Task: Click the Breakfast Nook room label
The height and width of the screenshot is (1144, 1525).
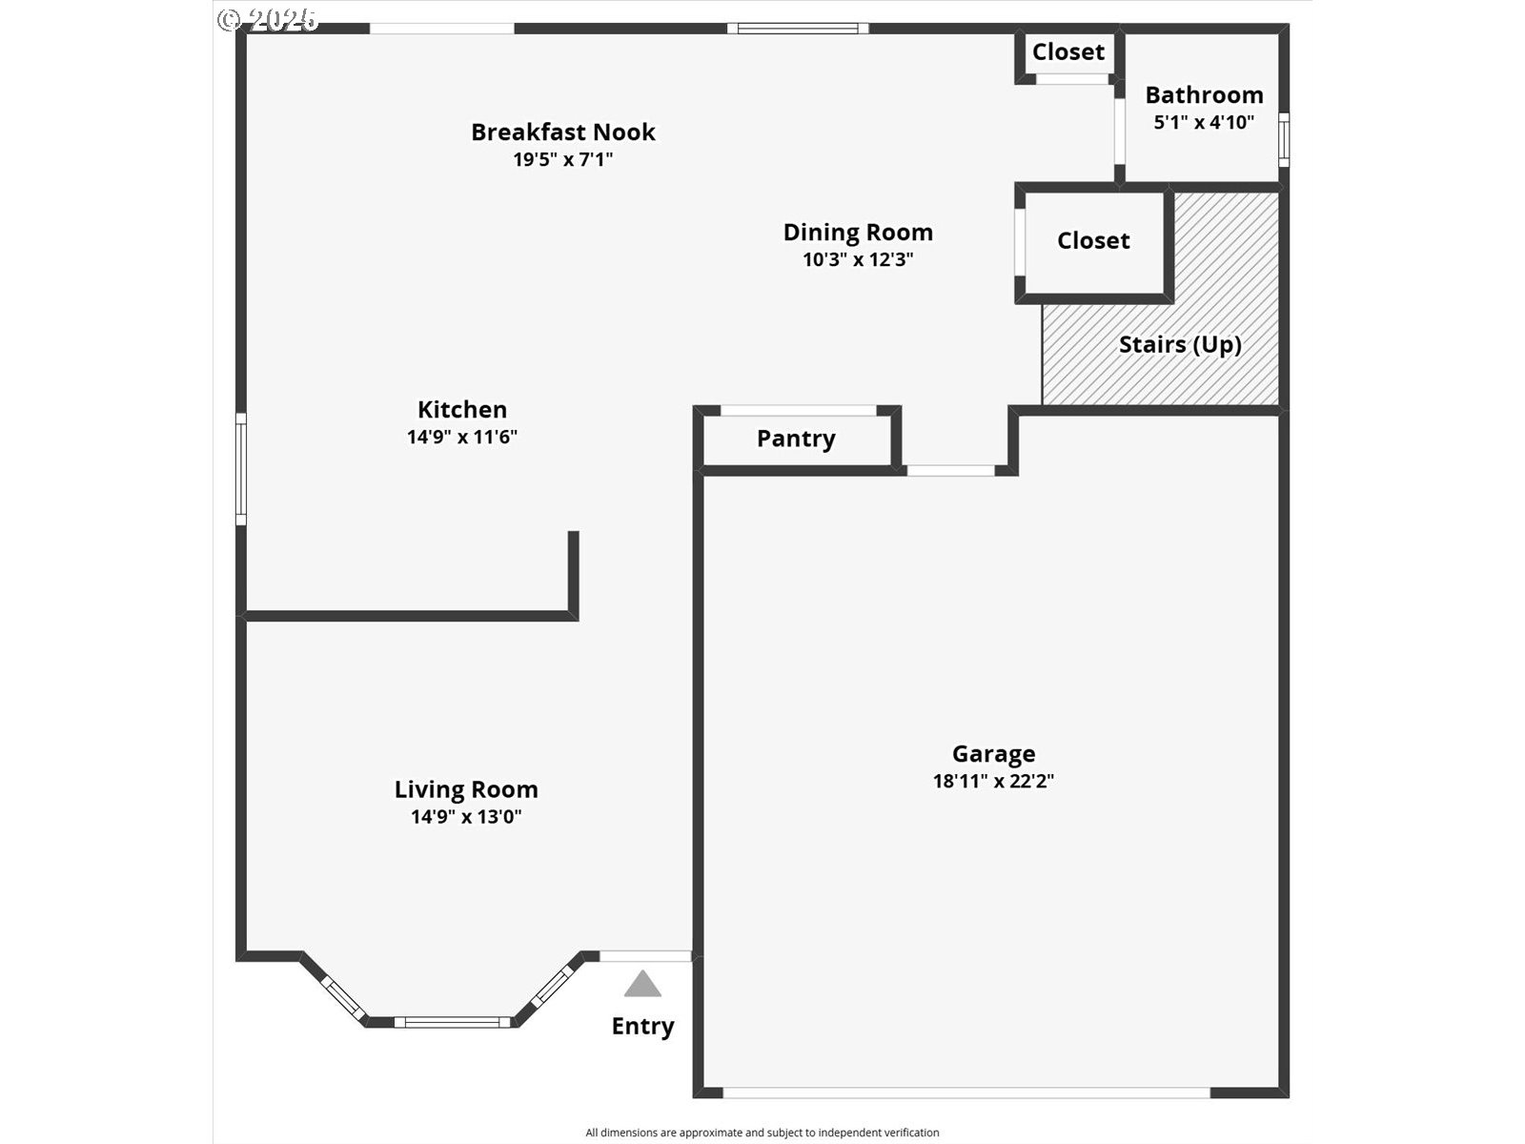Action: pos(562,132)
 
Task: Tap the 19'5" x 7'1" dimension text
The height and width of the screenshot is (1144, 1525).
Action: pos(562,160)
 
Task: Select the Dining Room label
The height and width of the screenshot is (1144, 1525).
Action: pos(858,232)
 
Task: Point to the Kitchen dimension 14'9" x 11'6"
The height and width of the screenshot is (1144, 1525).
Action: pos(462,437)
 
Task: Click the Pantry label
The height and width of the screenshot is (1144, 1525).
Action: pos(796,439)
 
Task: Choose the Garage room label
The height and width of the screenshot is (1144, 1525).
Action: pos(993,754)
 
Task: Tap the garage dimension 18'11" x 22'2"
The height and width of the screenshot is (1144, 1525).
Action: pos(993,782)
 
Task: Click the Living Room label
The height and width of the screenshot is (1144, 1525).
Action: pos(466,789)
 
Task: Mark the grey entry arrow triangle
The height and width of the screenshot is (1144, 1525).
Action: pos(642,984)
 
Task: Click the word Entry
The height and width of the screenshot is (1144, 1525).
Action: pos(642,1027)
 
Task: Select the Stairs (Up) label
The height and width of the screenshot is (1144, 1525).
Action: pos(1180,344)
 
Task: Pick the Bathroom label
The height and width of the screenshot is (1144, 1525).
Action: pos(1204,95)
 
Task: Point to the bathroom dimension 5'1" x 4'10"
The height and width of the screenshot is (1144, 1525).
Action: pos(1204,123)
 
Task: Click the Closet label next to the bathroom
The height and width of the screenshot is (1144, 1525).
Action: pos(1068,52)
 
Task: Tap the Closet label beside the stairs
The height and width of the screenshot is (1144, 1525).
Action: pos(1093,241)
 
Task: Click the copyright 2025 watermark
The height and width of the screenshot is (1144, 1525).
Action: pos(268,20)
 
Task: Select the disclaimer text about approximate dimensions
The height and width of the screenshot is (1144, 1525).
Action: pos(762,1133)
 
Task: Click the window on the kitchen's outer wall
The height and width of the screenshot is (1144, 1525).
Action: pos(241,469)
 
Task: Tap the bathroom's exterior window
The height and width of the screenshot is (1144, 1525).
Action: pos(1284,139)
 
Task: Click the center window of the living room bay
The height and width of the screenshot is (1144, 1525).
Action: pos(453,1022)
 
